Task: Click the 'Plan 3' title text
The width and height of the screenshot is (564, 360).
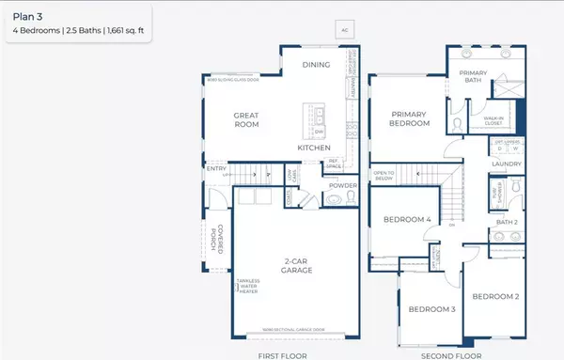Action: point(25,16)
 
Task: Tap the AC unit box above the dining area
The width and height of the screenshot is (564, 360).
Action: point(345,30)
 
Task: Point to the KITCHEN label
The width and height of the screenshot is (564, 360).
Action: point(313,149)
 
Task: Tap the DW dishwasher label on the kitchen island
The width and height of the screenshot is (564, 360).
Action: point(319,131)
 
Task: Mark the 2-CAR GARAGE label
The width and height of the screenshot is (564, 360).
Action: point(294,265)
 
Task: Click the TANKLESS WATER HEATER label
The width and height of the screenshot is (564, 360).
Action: point(247,287)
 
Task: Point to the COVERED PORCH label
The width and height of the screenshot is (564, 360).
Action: point(218,238)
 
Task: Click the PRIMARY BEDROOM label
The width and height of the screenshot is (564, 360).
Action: point(410,118)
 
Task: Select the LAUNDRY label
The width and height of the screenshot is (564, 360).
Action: point(506,165)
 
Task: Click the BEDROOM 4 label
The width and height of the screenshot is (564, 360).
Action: point(407,220)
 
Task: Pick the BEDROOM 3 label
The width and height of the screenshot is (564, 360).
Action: point(432,308)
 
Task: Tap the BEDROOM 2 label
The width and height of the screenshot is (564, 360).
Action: point(495,296)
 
